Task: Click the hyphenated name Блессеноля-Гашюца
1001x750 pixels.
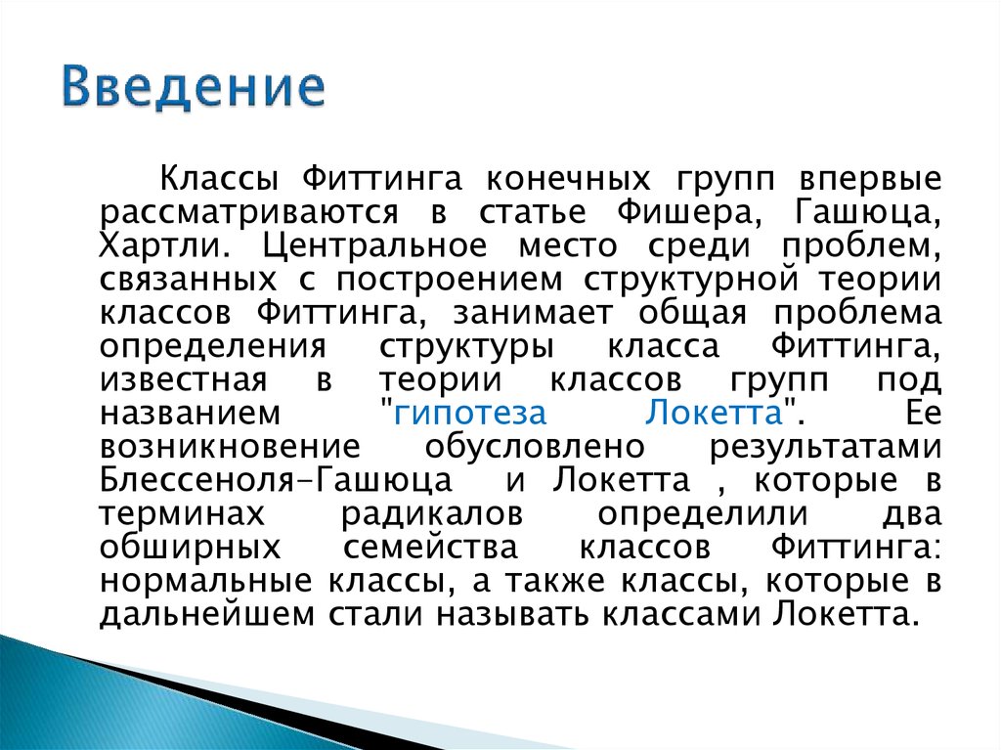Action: pyautogui.click(x=276, y=480)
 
